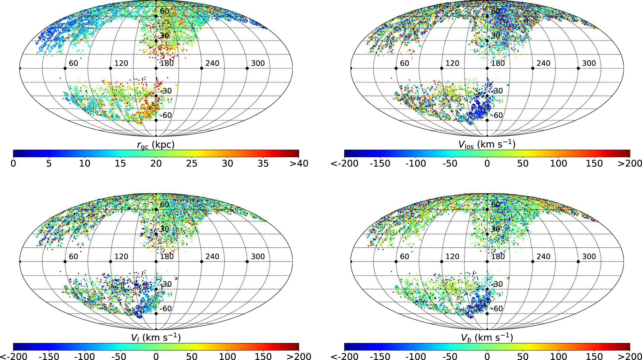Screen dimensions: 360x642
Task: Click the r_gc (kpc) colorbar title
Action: (156, 145)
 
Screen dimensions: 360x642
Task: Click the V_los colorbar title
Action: (487, 145)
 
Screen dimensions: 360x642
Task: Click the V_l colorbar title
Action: (156, 338)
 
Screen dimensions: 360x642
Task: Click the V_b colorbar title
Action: (487, 338)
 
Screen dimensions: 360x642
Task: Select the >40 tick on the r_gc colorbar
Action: (299, 164)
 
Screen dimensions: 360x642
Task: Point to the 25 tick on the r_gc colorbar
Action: (192, 164)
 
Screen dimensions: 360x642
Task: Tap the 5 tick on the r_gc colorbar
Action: (49, 164)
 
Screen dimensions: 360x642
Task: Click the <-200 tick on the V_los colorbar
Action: (344, 164)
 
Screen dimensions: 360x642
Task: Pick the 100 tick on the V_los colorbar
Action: (559, 164)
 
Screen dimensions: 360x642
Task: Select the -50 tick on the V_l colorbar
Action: (120, 356)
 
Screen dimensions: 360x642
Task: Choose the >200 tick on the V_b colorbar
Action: (630, 356)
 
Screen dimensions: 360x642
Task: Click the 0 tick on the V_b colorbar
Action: (487, 356)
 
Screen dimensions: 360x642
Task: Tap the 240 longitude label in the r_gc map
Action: (213, 63)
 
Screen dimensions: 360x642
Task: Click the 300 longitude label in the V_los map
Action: (589, 63)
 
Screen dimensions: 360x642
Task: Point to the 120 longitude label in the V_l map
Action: (121, 257)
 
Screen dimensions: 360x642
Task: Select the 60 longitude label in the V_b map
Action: (404, 257)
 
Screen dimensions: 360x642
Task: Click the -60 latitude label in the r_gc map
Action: (166, 116)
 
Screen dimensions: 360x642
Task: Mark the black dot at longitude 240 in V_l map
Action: (202, 261)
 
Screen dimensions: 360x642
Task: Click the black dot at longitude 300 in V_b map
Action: (578, 261)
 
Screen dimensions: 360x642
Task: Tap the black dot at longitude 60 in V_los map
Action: (396, 68)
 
